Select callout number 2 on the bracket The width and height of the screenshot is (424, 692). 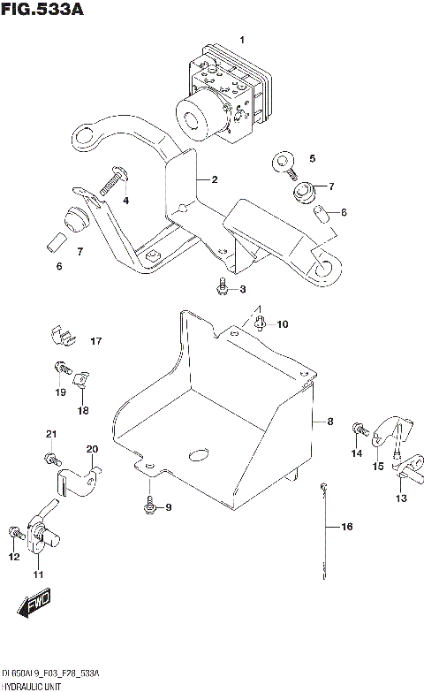[x=214, y=179]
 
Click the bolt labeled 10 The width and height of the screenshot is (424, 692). [x=260, y=324]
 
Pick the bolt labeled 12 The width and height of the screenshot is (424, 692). [x=15, y=532]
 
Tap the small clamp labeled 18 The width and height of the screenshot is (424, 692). [x=80, y=380]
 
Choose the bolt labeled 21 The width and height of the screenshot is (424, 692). [x=50, y=458]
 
